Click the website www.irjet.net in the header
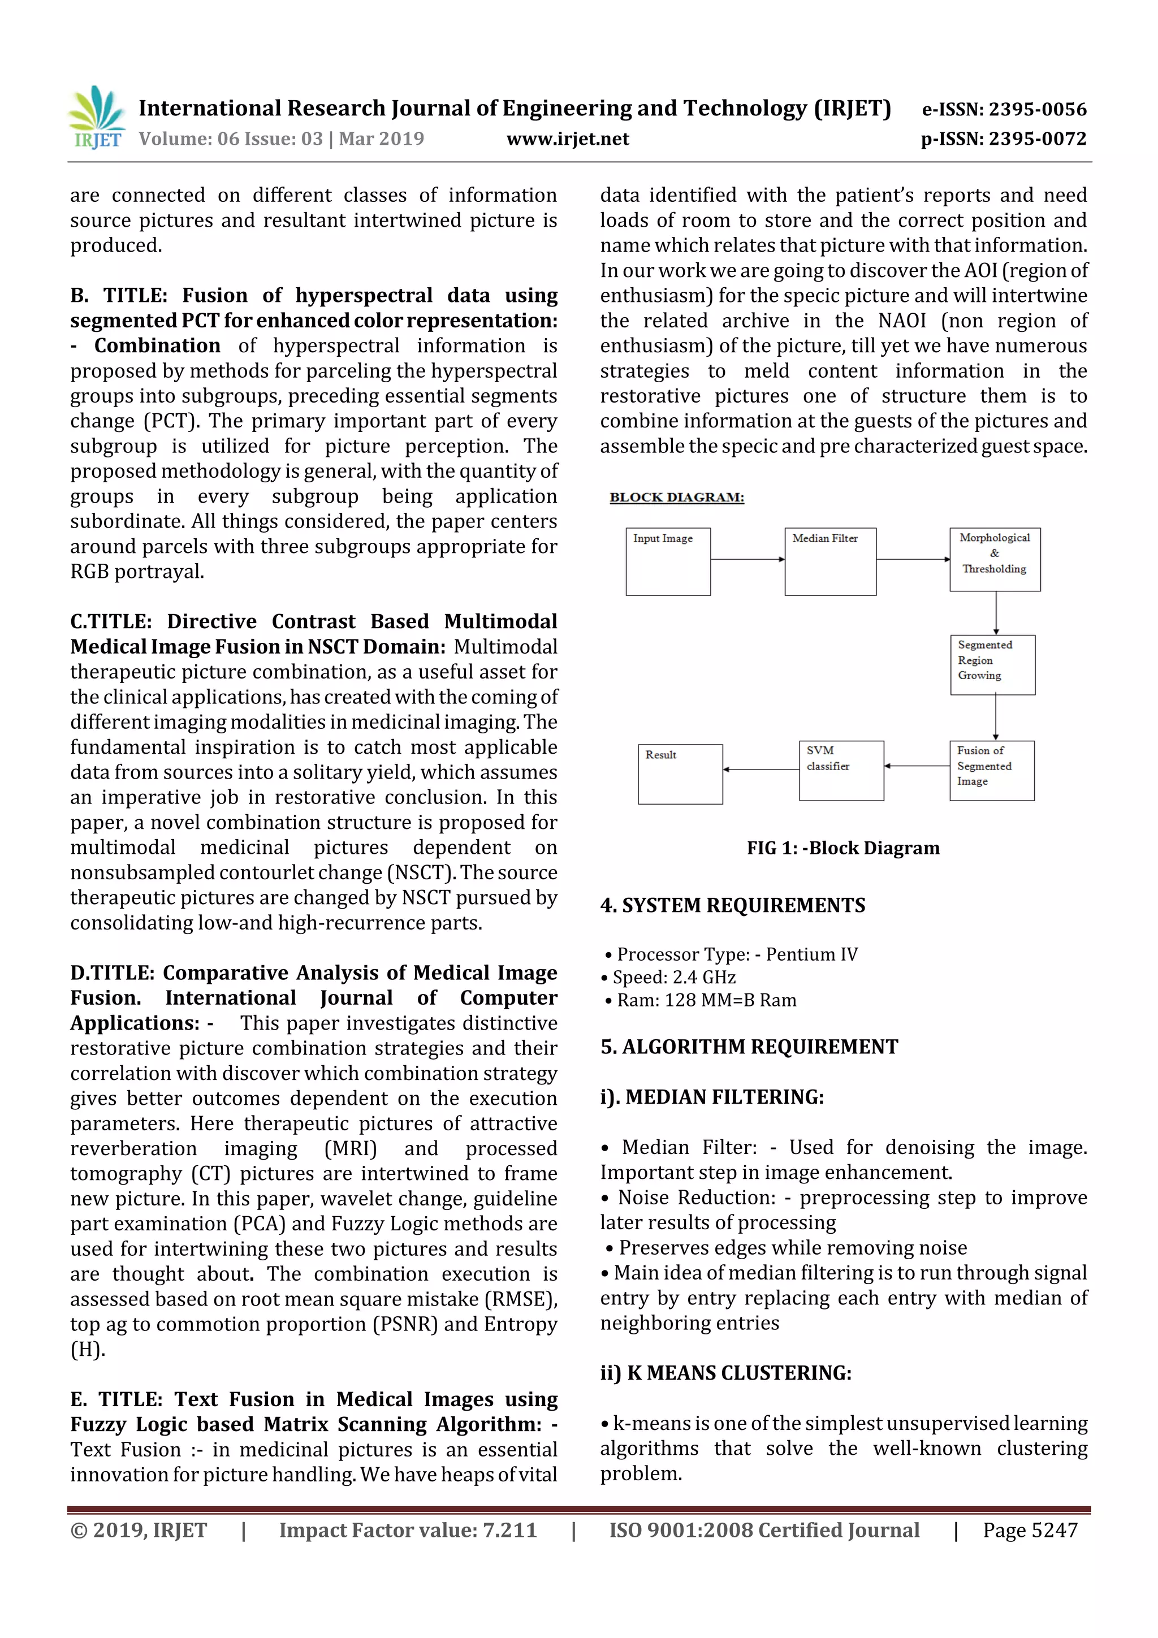tap(567, 139)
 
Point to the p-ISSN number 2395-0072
tap(1003, 139)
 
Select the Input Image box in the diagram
tap(668, 561)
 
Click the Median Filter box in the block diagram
tap(830, 561)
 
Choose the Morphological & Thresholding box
tap(995, 559)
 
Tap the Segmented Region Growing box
tap(992, 664)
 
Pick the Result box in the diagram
tap(680, 773)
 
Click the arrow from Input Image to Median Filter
tap(747, 559)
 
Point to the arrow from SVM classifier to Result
tap(761, 769)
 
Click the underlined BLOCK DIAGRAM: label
tap(676, 497)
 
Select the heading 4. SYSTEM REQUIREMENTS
tap(732, 905)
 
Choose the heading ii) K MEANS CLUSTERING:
tap(725, 1373)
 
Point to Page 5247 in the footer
tap(1030, 1529)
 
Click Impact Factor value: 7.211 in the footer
tap(408, 1529)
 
